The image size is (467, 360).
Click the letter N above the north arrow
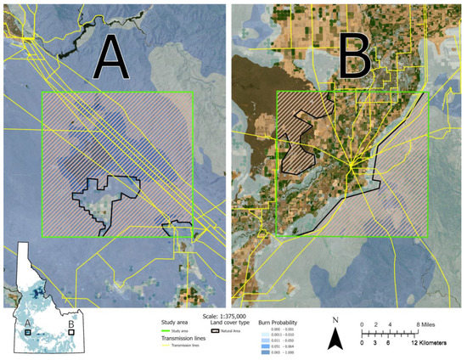pos(335,321)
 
